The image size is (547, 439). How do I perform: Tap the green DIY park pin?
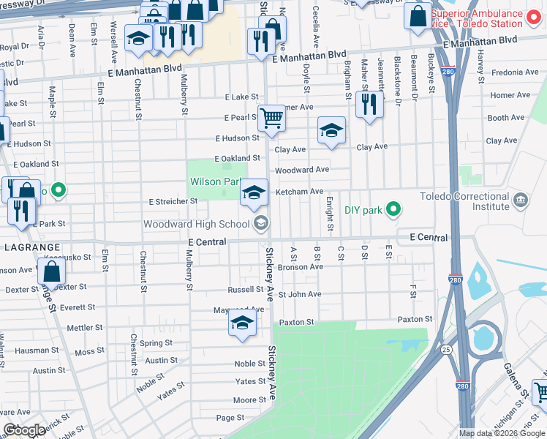393,210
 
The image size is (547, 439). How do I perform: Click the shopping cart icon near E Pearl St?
271,117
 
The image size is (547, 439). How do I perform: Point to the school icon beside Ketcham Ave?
254,192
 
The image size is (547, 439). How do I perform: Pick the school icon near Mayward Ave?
242,322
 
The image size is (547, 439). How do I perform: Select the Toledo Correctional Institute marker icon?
520,200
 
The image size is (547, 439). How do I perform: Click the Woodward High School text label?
196,224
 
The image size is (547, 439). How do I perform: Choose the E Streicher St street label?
173,201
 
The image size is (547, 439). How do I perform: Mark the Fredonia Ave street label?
516,72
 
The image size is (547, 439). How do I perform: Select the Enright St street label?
330,214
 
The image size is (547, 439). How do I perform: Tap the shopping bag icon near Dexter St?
52,272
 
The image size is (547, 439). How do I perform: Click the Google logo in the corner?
23,430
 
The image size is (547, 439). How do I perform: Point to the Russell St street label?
244,289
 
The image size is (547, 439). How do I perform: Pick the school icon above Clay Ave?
331,131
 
